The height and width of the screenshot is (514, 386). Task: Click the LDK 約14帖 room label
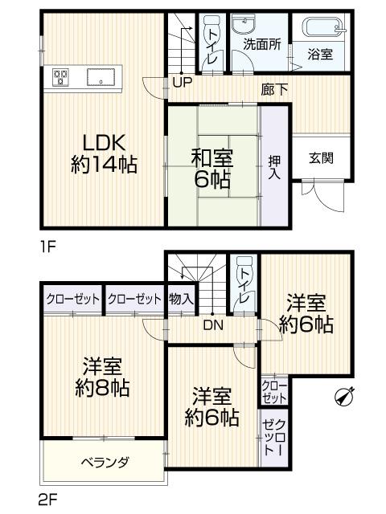tap(103, 153)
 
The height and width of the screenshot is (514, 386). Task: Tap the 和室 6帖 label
tap(213, 167)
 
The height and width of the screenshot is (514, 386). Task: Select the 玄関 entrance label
tap(322, 157)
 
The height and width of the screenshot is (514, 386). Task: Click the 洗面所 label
tap(262, 45)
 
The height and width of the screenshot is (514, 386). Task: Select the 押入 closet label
tap(273, 166)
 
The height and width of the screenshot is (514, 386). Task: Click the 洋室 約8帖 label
tap(103, 377)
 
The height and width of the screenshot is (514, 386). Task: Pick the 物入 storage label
tap(181, 299)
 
